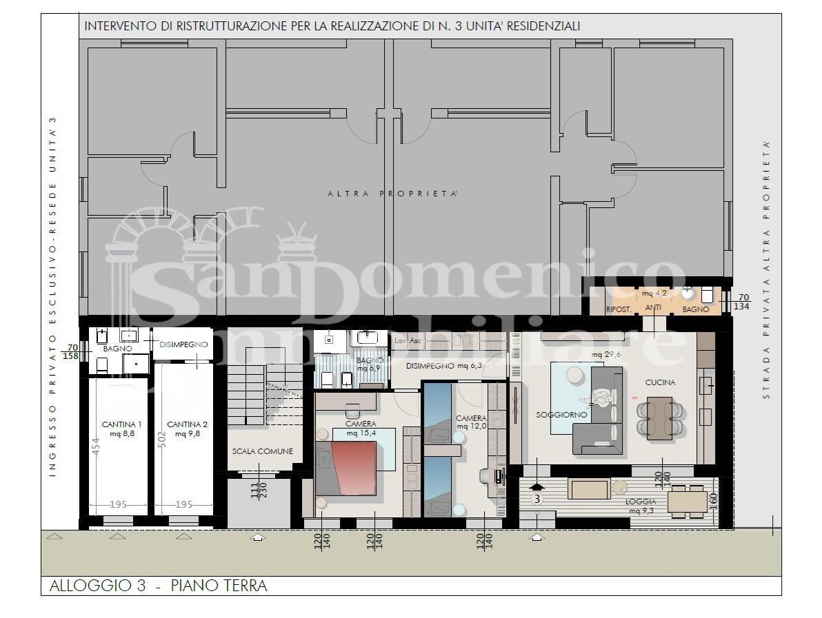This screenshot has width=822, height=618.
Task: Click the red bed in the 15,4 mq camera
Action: (352, 467)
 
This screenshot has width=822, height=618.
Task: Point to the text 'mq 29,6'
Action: (606, 355)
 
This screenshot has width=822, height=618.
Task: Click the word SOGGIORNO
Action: (561, 415)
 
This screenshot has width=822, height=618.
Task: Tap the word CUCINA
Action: (660, 382)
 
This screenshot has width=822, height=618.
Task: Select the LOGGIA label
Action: (641, 501)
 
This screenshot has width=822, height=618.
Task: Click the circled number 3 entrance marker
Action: (537, 498)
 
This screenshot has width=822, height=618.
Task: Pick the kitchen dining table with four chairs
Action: (660, 418)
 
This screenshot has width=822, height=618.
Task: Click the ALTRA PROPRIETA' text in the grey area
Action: (392, 194)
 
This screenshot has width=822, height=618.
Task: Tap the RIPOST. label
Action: (619, 309)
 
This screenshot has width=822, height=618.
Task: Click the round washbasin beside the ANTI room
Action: (688, 294)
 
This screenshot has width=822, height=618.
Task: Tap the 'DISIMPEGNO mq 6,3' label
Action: (443, 366)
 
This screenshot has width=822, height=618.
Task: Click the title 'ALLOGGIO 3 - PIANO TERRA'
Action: (158, 586)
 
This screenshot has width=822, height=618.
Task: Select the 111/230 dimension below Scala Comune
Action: (259, 490)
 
